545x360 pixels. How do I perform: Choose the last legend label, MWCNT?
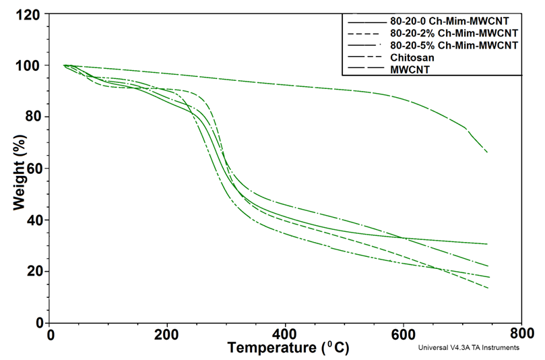[x=407, y=69]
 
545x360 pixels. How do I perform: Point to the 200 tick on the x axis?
[x=168, y=334]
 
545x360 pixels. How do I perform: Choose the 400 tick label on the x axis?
[x=286, y=334]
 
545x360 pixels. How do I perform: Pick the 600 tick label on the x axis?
[x=404, y=334]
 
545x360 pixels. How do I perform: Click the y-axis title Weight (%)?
[x=19, y=169]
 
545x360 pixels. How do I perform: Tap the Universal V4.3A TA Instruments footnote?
[x=468, y=348]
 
